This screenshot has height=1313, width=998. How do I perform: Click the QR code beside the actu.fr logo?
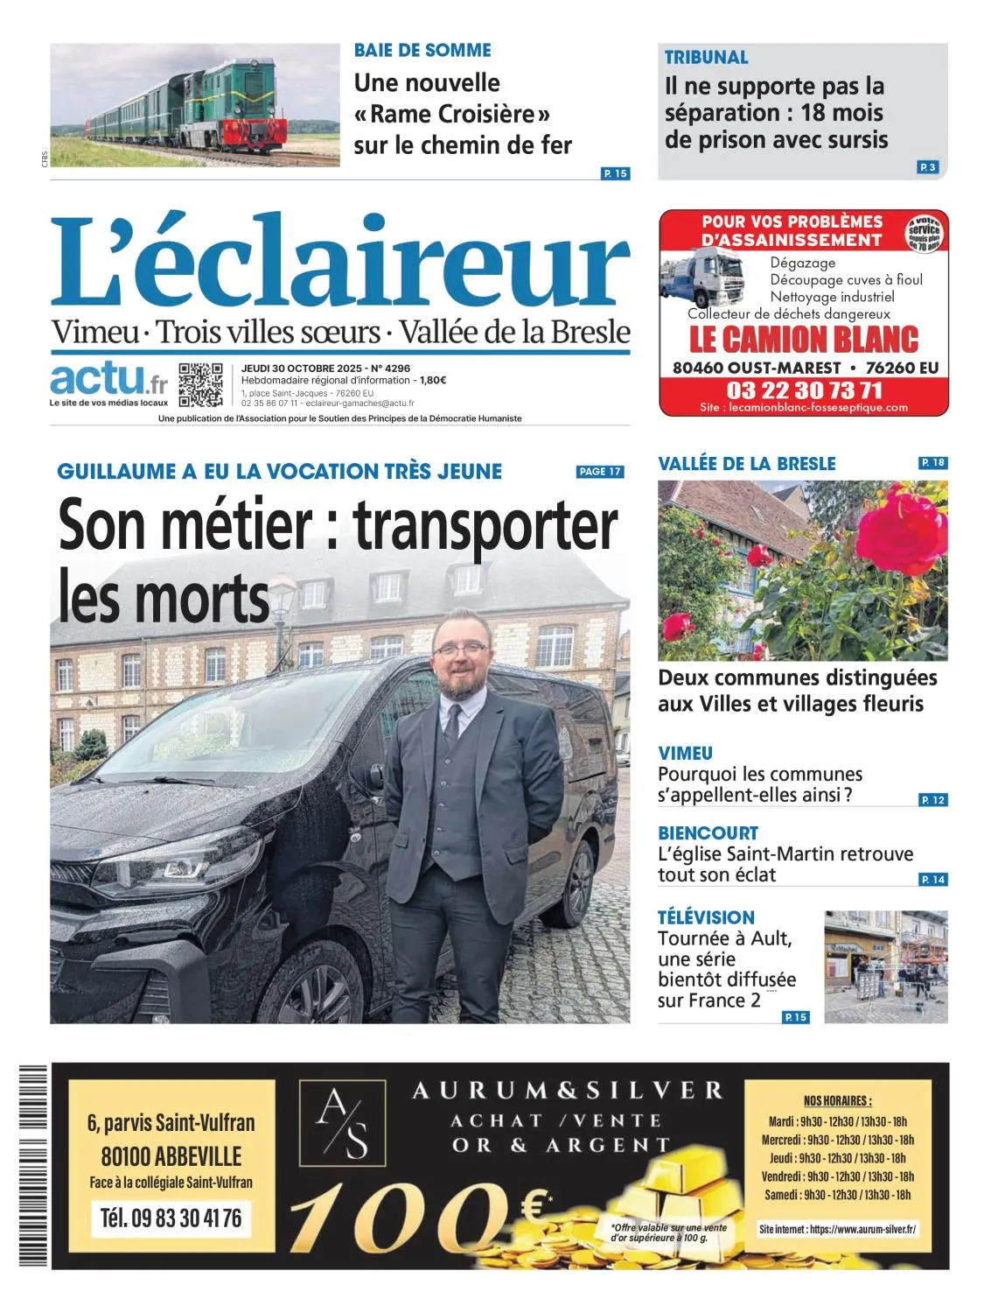point(200,384)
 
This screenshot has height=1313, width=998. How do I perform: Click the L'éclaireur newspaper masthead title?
point(339,262)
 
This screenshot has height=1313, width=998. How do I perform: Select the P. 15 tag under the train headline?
point(616,173)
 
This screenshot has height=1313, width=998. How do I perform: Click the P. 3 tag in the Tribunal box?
point(927,167)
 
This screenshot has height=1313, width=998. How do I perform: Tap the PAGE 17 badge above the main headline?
point(600,472)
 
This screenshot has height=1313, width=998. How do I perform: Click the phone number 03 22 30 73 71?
point(804,390)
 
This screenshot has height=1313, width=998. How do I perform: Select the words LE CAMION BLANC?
point(804,340)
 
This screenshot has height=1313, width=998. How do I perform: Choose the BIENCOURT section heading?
point(708,832)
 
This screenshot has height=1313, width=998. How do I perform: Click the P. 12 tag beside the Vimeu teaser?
point(933,800)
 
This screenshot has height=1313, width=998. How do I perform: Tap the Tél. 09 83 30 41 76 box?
point(171,1218)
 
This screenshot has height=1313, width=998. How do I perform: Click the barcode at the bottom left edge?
point(33,1164)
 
